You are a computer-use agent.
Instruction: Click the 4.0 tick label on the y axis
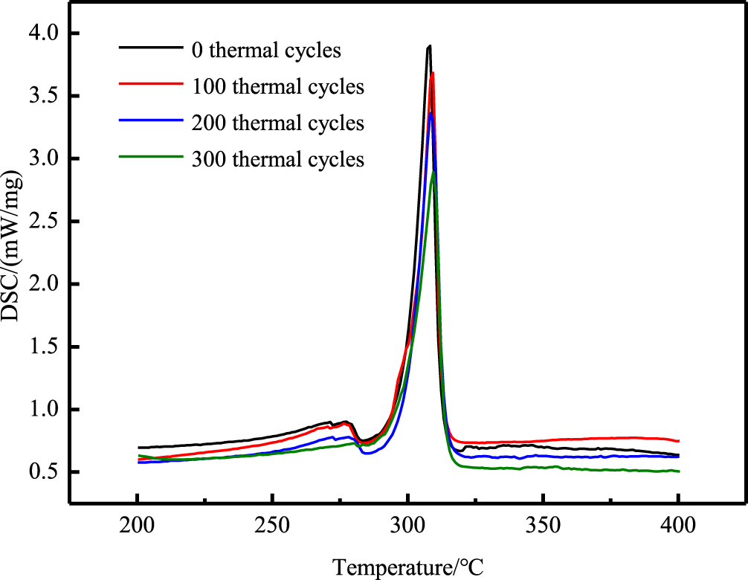pyautogui.click(x=45, y=34)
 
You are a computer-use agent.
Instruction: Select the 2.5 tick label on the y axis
pyautogui.click(x=45, y=222)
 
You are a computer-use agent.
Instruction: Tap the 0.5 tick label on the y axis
pyautogui.click(x=45, y=473)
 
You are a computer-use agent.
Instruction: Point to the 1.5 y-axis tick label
pyautogui.click(x=45, y=347)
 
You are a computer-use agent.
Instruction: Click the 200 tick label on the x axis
pyautogui.click(x=138, y=525)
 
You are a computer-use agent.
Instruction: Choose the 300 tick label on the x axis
pyautogui.click(x=408, y=525)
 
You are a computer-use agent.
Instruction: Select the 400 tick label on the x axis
pyautogui.click(x=679, y=525)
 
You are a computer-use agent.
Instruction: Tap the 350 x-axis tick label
pyautogui.click(x=544, y=525)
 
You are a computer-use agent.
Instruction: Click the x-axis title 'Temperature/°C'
pyautogui.click(x=408, y=567)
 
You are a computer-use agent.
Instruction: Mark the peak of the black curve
pyautogui.click(x=429, y=47)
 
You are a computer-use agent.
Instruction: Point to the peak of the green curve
pyautogui.click(x=433, y=172)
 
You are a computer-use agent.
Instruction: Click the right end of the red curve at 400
pyautogui.click(x=678, y=441)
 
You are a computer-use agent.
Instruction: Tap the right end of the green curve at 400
pyautogui.click(x=678, y=471)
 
